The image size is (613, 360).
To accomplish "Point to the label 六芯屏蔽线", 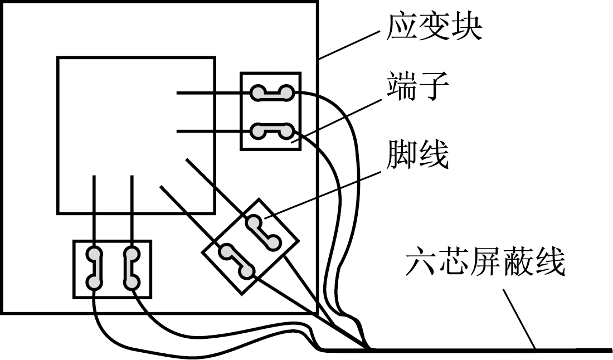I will click(x=485, y=264).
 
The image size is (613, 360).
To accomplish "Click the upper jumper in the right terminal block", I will click(x=271, y=93).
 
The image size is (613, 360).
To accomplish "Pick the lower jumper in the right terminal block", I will click(x=271, y=132).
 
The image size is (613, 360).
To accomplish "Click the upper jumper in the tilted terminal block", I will click(x=264, y=232).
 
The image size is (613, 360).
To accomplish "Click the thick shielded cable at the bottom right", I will click(x=502, y=350).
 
